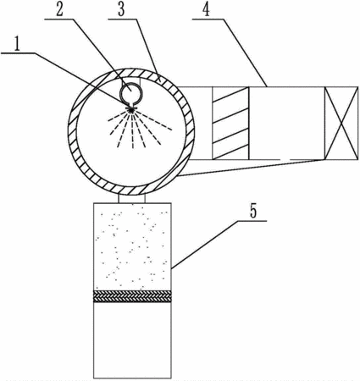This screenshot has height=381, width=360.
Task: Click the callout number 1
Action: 17,46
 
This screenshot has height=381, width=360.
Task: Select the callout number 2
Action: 60,9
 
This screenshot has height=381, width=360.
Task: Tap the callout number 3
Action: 121,9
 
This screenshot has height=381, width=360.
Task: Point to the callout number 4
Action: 207,9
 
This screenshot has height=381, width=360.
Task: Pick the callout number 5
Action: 253,211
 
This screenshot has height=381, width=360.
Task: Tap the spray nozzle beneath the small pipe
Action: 131,108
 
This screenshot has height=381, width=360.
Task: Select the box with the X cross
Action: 341,123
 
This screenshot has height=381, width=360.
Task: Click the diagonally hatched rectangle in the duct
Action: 230,123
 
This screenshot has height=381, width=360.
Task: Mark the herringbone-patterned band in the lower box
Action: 132,296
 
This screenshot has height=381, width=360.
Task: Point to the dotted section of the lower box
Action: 132,246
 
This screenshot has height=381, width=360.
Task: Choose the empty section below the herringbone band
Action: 132,340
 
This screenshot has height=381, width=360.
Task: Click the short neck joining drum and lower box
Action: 132,198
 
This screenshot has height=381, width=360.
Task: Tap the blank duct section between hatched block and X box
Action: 287,123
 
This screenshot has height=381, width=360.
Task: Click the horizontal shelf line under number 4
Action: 208,19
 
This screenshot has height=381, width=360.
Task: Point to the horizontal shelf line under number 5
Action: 252,221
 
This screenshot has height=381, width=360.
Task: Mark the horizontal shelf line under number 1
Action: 18,53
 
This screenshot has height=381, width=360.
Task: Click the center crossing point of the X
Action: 341,123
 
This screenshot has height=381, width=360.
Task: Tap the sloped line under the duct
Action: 251,168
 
